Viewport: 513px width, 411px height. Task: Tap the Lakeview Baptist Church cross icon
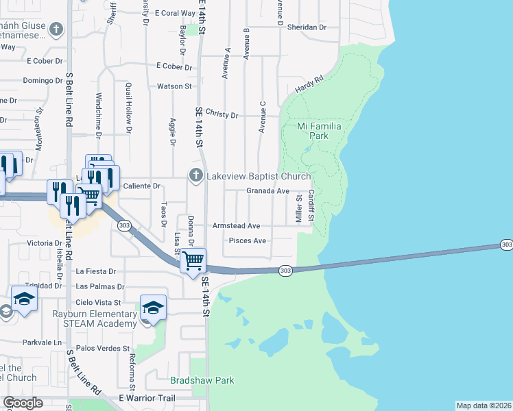point(196,176)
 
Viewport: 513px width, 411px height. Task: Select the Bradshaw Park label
point(202,380)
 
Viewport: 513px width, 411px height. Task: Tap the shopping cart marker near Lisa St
point(193,260)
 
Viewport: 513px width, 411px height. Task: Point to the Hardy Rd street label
point(309,85)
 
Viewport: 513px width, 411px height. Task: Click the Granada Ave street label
point(267,192)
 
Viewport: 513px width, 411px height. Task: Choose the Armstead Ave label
point(236,225)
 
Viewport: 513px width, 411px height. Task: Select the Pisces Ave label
point(247,241)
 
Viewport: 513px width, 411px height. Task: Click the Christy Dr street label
point(222,114)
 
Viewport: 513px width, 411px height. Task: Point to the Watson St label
point(174,86)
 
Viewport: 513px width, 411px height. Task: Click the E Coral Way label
point(176,13)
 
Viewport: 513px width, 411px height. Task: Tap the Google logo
point(23,403)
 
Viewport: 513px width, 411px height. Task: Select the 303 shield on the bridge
point(286,271)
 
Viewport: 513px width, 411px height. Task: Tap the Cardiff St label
point(311,205)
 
